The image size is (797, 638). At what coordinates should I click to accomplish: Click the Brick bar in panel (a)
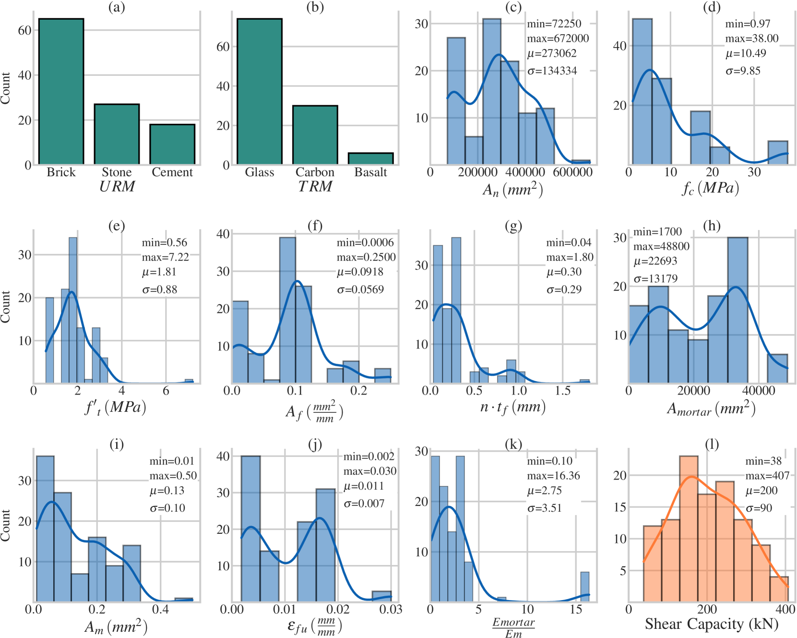[x=61, y=91]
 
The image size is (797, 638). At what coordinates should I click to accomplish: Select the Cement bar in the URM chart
[x=172, y=144]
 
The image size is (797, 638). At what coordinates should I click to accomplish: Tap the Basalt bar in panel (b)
[x=370, y=158]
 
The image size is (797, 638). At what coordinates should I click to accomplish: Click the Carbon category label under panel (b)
[x=315, y=172]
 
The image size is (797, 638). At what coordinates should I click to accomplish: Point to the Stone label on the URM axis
[x=117, y=172]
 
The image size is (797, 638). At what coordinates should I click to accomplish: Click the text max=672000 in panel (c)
[x=558, y=38]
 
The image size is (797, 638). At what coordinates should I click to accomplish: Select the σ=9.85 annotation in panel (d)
[x=743, y=71]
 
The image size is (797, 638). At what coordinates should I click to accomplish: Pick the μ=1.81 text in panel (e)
[x=159, y=272]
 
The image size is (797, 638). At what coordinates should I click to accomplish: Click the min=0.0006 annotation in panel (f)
[x=365, y=242]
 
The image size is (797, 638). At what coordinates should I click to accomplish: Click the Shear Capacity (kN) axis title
[x=712, y=624]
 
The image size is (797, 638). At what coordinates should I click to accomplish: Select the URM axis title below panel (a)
[x=117, y=186]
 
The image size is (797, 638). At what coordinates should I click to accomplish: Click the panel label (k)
[x=513, y=445]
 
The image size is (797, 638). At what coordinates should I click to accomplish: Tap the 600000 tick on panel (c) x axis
[x=572, y=172]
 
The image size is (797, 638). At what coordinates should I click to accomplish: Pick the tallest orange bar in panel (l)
[x=689, y=528]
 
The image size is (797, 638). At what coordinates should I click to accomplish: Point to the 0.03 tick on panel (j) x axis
[x=391, y=610]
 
